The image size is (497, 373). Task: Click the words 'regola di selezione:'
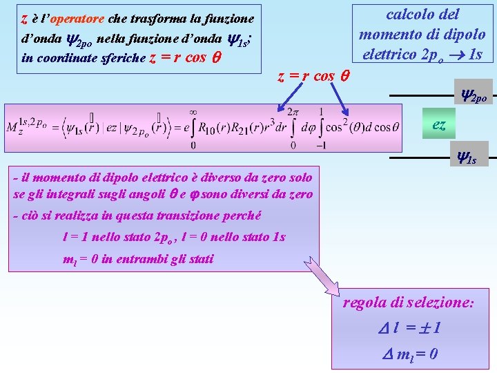coord(408,303)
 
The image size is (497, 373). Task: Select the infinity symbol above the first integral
coord(193,111)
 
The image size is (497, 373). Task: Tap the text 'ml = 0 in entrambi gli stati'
coord(138,260)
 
